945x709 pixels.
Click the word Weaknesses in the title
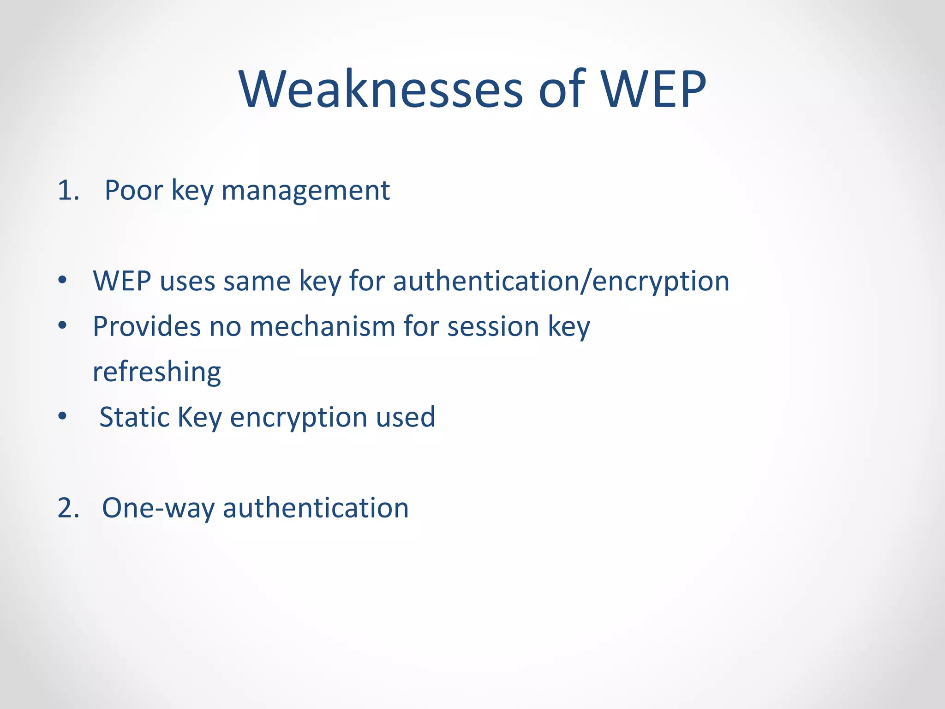click(381, 89)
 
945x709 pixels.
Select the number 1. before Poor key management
click(68, 190)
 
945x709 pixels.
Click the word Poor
click(134, 190)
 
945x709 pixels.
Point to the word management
click(305, 191)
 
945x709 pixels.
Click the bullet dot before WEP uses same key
click(63, 280)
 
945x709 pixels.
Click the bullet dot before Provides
click(63, 326)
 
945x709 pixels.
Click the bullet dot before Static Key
click(63, 416)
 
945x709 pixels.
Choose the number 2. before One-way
click(68, 508)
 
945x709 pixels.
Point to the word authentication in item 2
click(316, 508)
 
